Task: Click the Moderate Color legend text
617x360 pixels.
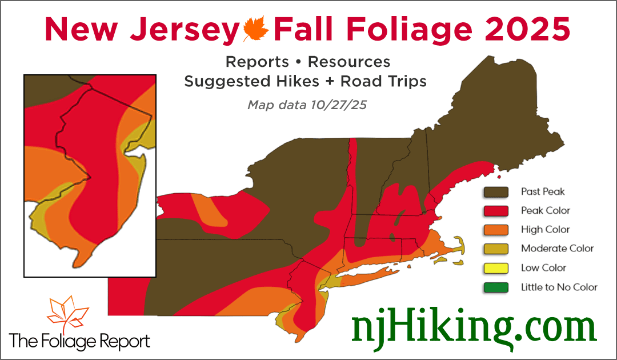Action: (x=557, y=249)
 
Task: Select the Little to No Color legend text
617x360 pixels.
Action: (x=559, y=287)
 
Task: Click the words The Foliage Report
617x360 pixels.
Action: (x=80, y=342)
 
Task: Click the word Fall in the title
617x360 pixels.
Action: (x=306, y=29)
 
